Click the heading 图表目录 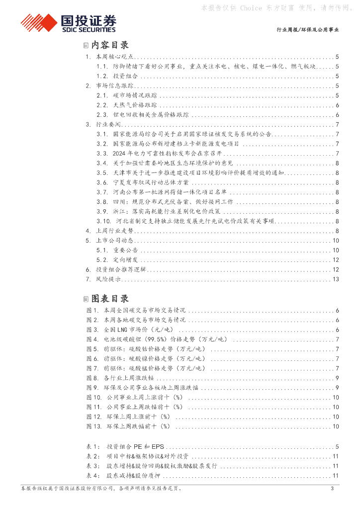110,299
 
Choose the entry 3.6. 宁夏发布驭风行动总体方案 136,182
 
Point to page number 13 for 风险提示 336,279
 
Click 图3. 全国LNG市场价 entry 131,330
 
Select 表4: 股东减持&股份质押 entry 130,476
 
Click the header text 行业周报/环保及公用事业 308,30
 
